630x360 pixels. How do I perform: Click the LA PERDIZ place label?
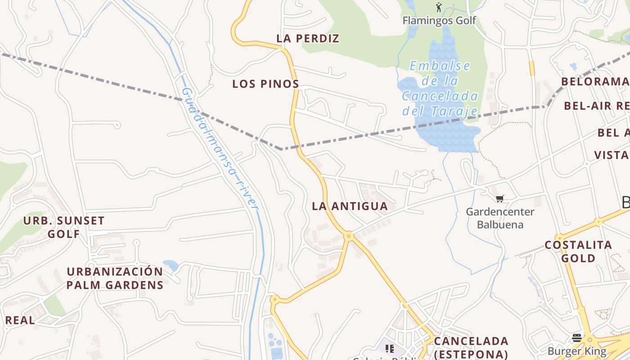(x=308, y=39)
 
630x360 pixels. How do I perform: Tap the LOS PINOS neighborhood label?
(x=265, y=84)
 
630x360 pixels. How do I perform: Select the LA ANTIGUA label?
(x=350, y=206)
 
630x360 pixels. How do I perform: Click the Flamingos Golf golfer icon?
(x=439, y=7)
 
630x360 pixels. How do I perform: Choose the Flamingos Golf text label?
(x=439, y=20)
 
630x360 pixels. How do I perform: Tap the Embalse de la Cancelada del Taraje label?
(x=440, y=88)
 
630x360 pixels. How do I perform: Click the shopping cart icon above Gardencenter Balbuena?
(x=499, y=198)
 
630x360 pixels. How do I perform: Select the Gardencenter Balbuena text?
(x=500, y=218)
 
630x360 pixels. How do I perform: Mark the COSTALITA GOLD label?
(x=578, y=252)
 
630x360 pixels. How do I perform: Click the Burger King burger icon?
(x=577, y=337)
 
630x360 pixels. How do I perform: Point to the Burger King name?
(x=577, y=351)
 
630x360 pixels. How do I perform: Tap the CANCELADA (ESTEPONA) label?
(x=471, y=347)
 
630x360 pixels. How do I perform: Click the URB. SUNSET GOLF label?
(x=64, y=227)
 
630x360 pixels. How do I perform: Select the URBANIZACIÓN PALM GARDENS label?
(x=115, y=278)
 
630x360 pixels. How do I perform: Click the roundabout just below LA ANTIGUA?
(x=348, y=235)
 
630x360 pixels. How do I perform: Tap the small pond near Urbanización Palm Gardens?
(x=170, y=265)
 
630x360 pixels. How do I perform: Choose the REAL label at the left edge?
(x=20, y=320)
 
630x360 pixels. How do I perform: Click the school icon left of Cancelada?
(x=390, y=348)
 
